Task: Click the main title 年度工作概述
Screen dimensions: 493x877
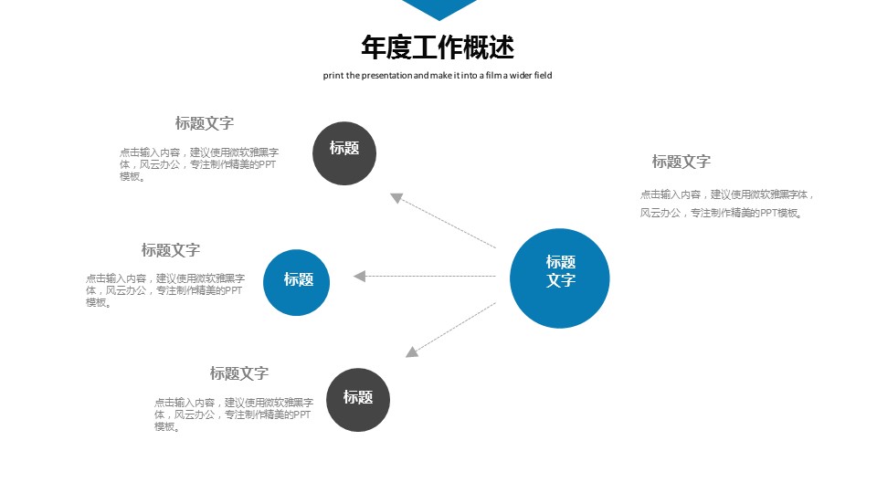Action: pos(438,47)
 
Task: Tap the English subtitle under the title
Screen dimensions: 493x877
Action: pos(438,76)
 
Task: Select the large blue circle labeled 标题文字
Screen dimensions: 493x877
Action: pos(559,278)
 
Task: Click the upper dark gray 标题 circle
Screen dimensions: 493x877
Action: pos(344,152)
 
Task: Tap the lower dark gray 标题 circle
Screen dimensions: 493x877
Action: pos(357,399)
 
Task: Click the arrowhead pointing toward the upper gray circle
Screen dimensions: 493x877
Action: pos(396,197)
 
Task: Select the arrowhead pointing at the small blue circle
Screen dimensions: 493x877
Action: pos(360,276)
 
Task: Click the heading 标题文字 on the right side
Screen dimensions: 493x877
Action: pos(681,162)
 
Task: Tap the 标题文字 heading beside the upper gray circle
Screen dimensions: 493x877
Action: pos(205,123)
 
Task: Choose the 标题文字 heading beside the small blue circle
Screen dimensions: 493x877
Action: pos(171,250)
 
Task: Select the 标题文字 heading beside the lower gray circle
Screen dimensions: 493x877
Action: pos(239,373)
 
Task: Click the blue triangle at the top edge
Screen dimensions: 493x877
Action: pos(439,8)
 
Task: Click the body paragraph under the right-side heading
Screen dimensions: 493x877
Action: pos(726,204)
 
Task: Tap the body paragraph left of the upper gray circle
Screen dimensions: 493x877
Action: pos(198,164)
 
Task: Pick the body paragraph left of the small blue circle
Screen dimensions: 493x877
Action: pos(165,290)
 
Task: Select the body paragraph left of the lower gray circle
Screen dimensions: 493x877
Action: pos(234,414)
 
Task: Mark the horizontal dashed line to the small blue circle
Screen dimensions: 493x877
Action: pos(429,276)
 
